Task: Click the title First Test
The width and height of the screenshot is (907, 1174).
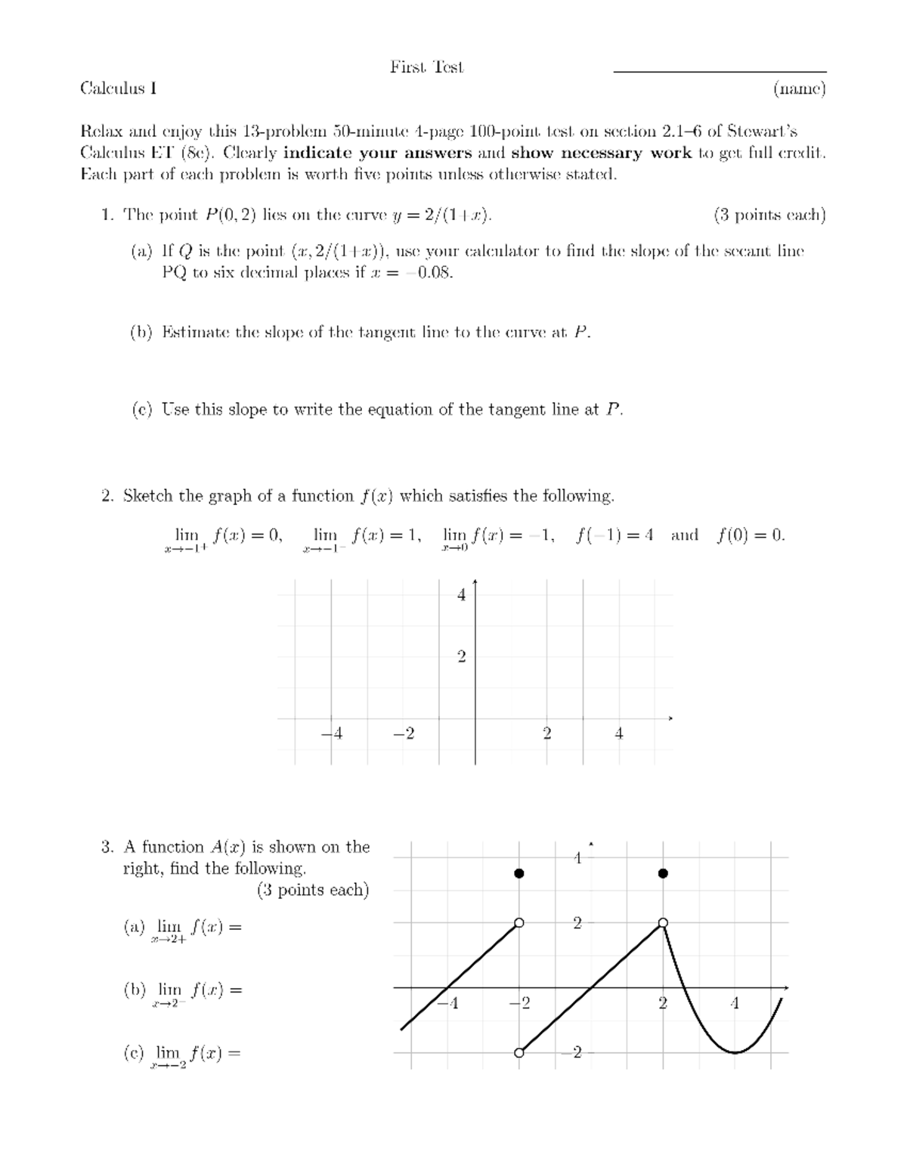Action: click(426, 67)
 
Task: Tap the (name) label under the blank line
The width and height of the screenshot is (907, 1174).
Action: click(799, 89)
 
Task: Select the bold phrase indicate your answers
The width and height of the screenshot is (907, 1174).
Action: click(377, 153)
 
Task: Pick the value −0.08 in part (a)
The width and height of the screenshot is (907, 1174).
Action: click(429, 272)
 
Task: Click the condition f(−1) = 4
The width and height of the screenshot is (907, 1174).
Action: click(613, 535)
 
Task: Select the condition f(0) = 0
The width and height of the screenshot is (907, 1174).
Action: click(751, 535)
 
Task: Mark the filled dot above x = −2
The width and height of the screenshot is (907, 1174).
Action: click(519, 874)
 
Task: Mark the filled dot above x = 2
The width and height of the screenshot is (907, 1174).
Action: click(663, 874)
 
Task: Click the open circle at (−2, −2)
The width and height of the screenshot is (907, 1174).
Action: click(519, 1053)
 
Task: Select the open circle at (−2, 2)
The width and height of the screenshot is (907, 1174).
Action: click(519, 923)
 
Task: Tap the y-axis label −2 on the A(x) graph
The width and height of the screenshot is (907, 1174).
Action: click(575, 1053)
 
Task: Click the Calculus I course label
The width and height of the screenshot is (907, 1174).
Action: click(118, 89)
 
